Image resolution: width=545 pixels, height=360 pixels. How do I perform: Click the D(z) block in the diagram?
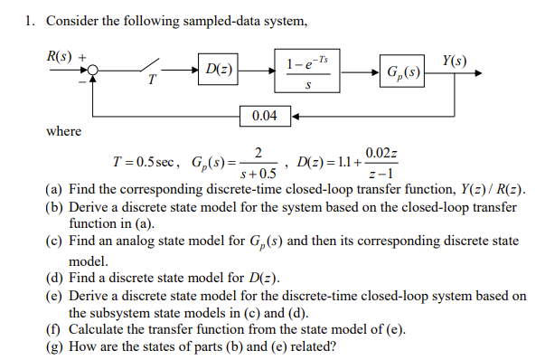217,69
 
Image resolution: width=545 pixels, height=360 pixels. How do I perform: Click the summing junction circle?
94,69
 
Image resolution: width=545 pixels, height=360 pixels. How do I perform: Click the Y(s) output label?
455,61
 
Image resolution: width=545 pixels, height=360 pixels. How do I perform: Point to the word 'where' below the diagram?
63,132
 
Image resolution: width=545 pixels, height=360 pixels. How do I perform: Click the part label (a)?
54,191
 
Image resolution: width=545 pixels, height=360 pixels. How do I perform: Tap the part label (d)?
54,275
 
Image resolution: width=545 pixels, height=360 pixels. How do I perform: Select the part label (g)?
54,345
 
